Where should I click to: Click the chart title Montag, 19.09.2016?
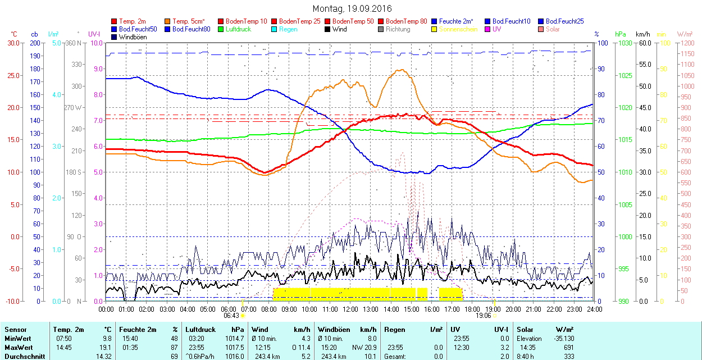352,9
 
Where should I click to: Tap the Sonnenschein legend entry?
458,29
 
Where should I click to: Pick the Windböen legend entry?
132,37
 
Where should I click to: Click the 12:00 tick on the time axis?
350,309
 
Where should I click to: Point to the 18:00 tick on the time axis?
472,309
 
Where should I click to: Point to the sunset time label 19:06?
484,316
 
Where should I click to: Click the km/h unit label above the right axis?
643,35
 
